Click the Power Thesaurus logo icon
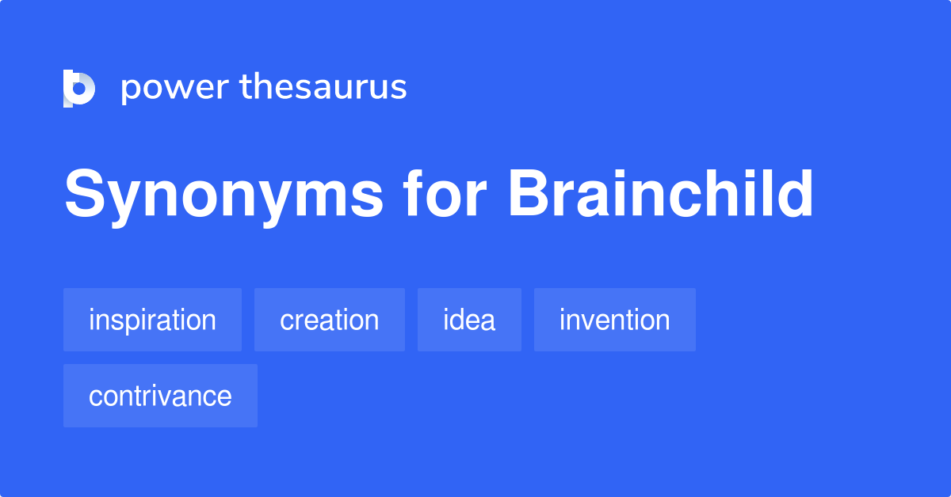click(79, 88)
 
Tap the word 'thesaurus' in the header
click(323, 87)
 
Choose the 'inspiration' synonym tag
click(152, 320)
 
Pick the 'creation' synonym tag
click(329, 320)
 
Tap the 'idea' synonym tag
click(469, 320)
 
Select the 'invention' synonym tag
click(614, 320)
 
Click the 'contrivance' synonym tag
click(160, 396)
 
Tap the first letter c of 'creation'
click(286, 321)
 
